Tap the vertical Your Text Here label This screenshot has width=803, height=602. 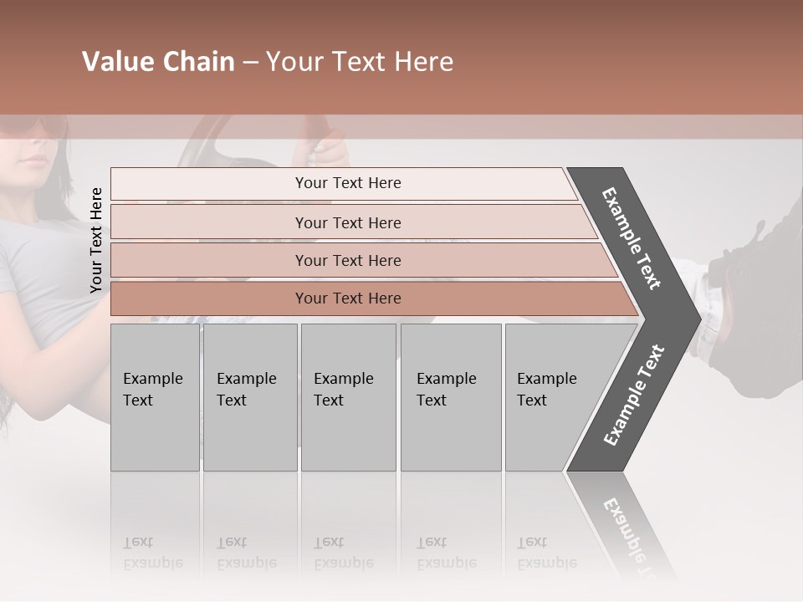(96, 240)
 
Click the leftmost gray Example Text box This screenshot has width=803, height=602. (155, 397)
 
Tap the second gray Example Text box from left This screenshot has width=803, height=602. (250, 397)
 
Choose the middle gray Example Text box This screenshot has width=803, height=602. (348, 397)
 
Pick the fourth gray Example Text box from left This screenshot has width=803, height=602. (451, 397)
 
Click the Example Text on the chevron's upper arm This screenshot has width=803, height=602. (632, 238)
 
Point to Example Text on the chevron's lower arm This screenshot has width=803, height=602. (634, 395)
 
